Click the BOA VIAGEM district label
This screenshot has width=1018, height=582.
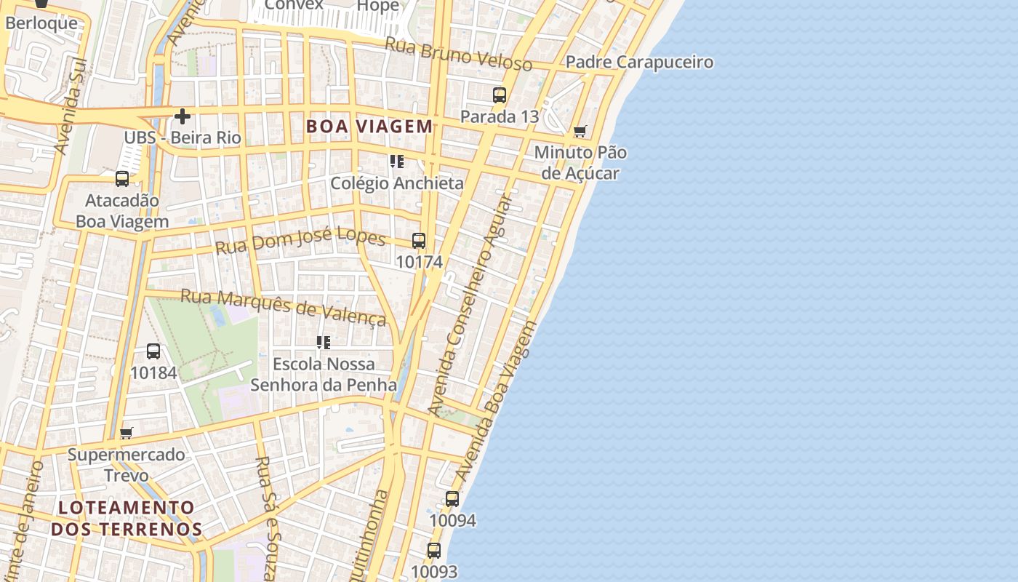(369, 127)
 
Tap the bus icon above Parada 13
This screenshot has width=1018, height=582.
(500, 95)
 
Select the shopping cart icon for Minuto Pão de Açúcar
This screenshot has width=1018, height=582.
(580, 132)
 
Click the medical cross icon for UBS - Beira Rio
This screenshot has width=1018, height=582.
(183, 116)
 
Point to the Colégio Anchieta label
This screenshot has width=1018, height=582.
(397, 183)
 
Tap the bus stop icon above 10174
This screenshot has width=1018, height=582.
(419, 241)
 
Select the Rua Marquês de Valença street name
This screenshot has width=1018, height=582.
(283, 306)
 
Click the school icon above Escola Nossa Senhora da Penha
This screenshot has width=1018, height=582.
(324, 342)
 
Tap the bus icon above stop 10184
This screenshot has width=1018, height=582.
(153, 351)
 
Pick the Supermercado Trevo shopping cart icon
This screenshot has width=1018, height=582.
(127, 434)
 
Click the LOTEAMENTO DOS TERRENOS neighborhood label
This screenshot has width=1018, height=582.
(127, 518)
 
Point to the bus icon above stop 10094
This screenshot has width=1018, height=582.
(452, 499)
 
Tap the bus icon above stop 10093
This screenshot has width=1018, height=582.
(434, 551)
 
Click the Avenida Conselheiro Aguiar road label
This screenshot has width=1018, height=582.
(470, 306)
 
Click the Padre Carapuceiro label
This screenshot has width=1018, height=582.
(639, 63)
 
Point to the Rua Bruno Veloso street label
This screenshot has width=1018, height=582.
(458, 54)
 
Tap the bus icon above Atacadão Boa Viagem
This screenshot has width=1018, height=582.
(122, 179)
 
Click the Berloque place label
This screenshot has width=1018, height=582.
(41, 23)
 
